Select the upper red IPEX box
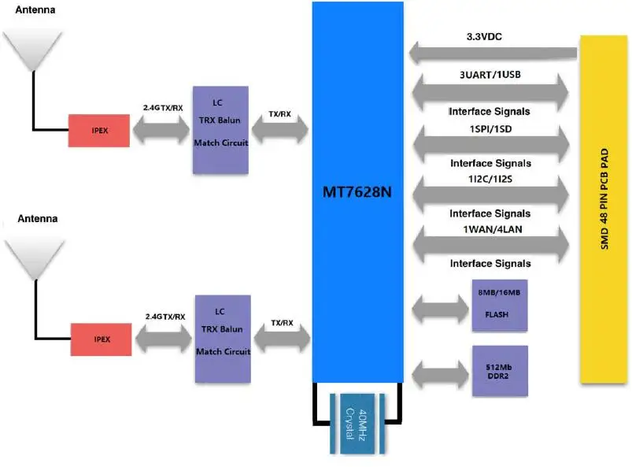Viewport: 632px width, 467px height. (98, 130)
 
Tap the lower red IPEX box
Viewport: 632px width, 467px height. (101, 339)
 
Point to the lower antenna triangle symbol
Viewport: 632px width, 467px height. (33, 258)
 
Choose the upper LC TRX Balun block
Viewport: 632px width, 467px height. (220, 130)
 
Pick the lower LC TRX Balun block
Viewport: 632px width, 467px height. (223, 339)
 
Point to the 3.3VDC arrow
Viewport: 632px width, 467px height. (492, 54)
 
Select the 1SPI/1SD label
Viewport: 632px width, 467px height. (489, 128)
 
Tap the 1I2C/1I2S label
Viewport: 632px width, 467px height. (489, 180)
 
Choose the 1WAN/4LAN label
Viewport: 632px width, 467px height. (489, 229)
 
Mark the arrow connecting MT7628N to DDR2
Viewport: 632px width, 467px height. (438, 371)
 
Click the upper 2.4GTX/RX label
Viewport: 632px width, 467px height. (164, 106)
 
